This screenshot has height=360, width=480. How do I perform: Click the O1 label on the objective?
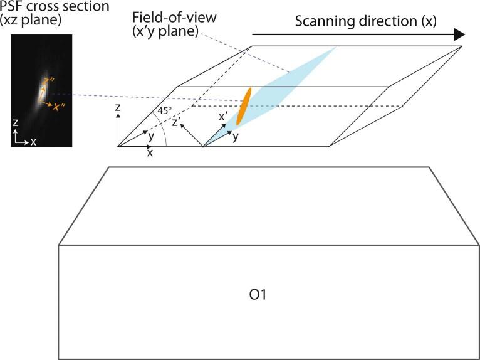coord(258,294)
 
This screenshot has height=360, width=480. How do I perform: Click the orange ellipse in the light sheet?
coord(244,105)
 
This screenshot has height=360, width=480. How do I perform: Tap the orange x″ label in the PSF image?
coord(60,107)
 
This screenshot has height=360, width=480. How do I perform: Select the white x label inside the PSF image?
coord(33,142)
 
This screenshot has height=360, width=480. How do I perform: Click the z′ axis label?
coord(177,122)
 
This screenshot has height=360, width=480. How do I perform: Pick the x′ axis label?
coord(222,117)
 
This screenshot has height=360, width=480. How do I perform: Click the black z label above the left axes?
coord(118,109)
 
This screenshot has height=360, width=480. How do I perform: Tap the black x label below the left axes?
coord(150,152)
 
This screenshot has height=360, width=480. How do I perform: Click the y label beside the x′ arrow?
coord(235,136)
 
